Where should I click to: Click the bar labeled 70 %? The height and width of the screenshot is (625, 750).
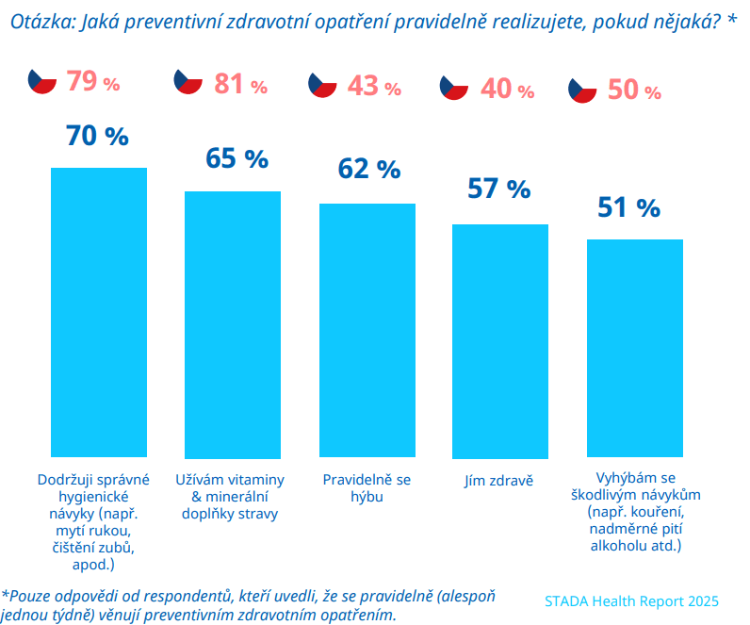[x=98, y=311]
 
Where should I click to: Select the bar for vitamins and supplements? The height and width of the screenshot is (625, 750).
[x=233, y=323]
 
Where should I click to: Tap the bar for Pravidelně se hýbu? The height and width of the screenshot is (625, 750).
[x=367, y=329]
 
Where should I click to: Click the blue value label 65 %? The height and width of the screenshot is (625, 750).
[x=236, y=157]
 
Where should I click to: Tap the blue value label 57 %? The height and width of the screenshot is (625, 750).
[x=499, y=189]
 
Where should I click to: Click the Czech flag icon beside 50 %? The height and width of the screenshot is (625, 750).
[x=583, y=90]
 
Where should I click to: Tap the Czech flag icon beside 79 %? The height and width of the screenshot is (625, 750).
[x=42, y=82]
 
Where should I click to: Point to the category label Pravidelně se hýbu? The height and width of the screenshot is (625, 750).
[x=367, y=487]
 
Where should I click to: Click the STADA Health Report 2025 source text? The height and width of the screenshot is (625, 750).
[x=631, y=600]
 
